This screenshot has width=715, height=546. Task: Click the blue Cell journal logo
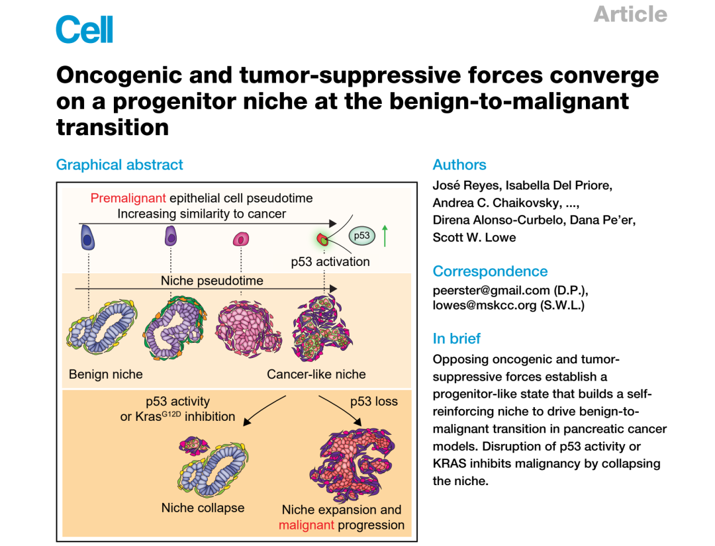pos(84,29)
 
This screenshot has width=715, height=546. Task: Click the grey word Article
pos(630,14)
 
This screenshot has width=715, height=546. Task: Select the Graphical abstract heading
pos(119,165)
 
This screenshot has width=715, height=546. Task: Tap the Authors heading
pos(459,165)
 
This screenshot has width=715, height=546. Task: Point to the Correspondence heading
pos(490,271)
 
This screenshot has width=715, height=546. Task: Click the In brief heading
pos(456,339)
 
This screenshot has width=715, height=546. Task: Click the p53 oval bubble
pos(361,236)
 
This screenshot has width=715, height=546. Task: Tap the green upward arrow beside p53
pos(385,236)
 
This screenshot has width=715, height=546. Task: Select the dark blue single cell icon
pos(87,238)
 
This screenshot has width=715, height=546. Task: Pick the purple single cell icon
pos(171,236)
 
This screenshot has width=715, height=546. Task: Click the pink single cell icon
pos(241,239)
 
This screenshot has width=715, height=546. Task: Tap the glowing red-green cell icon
pos(323,239)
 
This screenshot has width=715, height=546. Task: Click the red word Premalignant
pos(128,199)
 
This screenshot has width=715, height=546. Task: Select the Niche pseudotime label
pos(212,281)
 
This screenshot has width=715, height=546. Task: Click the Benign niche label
pos(106,374)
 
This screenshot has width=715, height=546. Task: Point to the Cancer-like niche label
pos(316,374)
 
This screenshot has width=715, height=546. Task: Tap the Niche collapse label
pos(203,508)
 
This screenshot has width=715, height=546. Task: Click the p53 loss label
pos(374,402)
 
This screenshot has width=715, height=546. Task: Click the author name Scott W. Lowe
pos(474,238)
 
